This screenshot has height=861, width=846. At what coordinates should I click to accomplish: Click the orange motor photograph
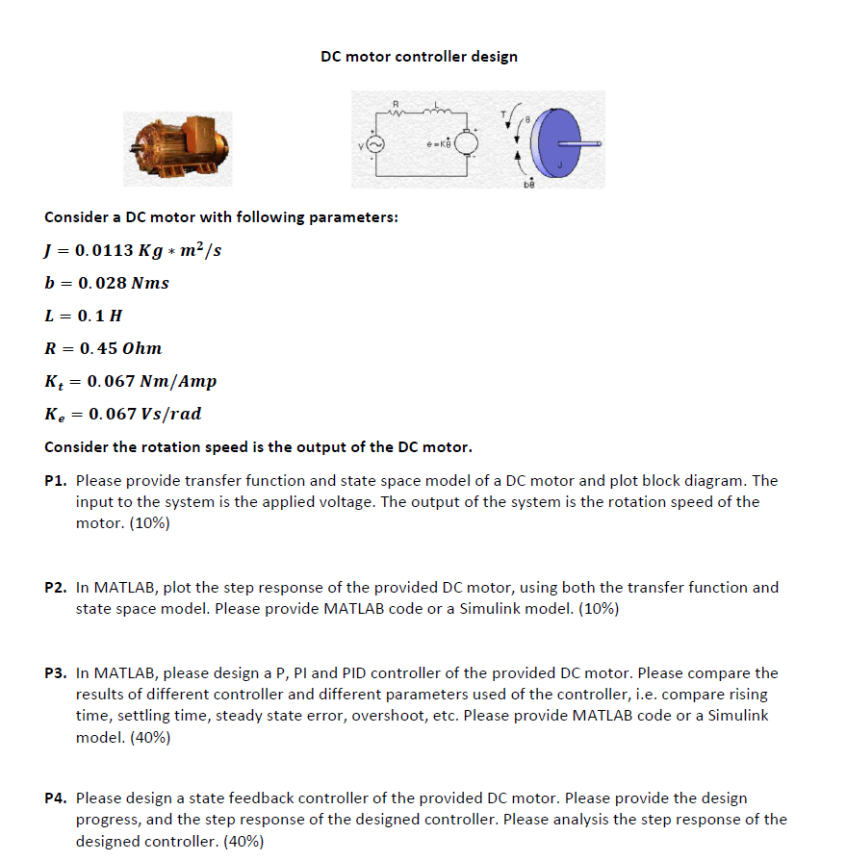click(176, 146)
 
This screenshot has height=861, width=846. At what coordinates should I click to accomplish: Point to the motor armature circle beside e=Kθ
click(466, 143)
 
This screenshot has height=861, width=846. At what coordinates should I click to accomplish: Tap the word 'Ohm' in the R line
click(141, 347)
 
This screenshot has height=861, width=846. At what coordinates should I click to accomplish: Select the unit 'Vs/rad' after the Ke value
click(169, 414)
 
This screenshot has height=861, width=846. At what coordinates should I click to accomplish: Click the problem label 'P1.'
click(57, 480)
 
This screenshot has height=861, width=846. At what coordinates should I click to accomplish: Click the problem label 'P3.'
click(57, 672)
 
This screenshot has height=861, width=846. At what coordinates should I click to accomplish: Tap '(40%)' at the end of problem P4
click(244, 841)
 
